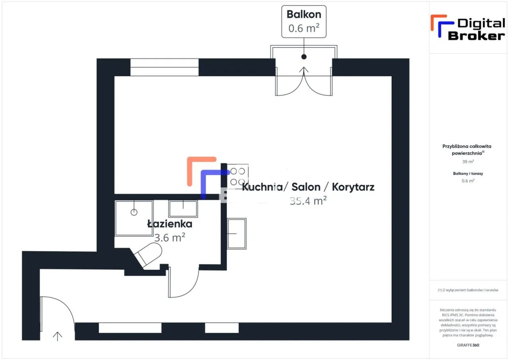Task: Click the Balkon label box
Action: [304, 21]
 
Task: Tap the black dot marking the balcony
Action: [304, 57]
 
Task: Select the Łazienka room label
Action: [169, 224]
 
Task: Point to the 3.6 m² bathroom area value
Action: [169, 237]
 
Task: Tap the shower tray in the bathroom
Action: [134, 218]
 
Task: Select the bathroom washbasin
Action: [183, 208]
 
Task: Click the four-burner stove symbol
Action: [238, 176]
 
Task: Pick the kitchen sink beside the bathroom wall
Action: [237, 233]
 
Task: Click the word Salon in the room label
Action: [306, 187]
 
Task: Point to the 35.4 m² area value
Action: [308, 201]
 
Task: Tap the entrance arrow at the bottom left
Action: [58, 336]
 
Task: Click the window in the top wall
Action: [164, 67]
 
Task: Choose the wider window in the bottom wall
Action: [130, 328]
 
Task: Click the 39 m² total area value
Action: [468, 162]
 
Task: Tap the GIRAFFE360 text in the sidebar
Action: [468, 345]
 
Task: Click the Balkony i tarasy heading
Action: [468, 173]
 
